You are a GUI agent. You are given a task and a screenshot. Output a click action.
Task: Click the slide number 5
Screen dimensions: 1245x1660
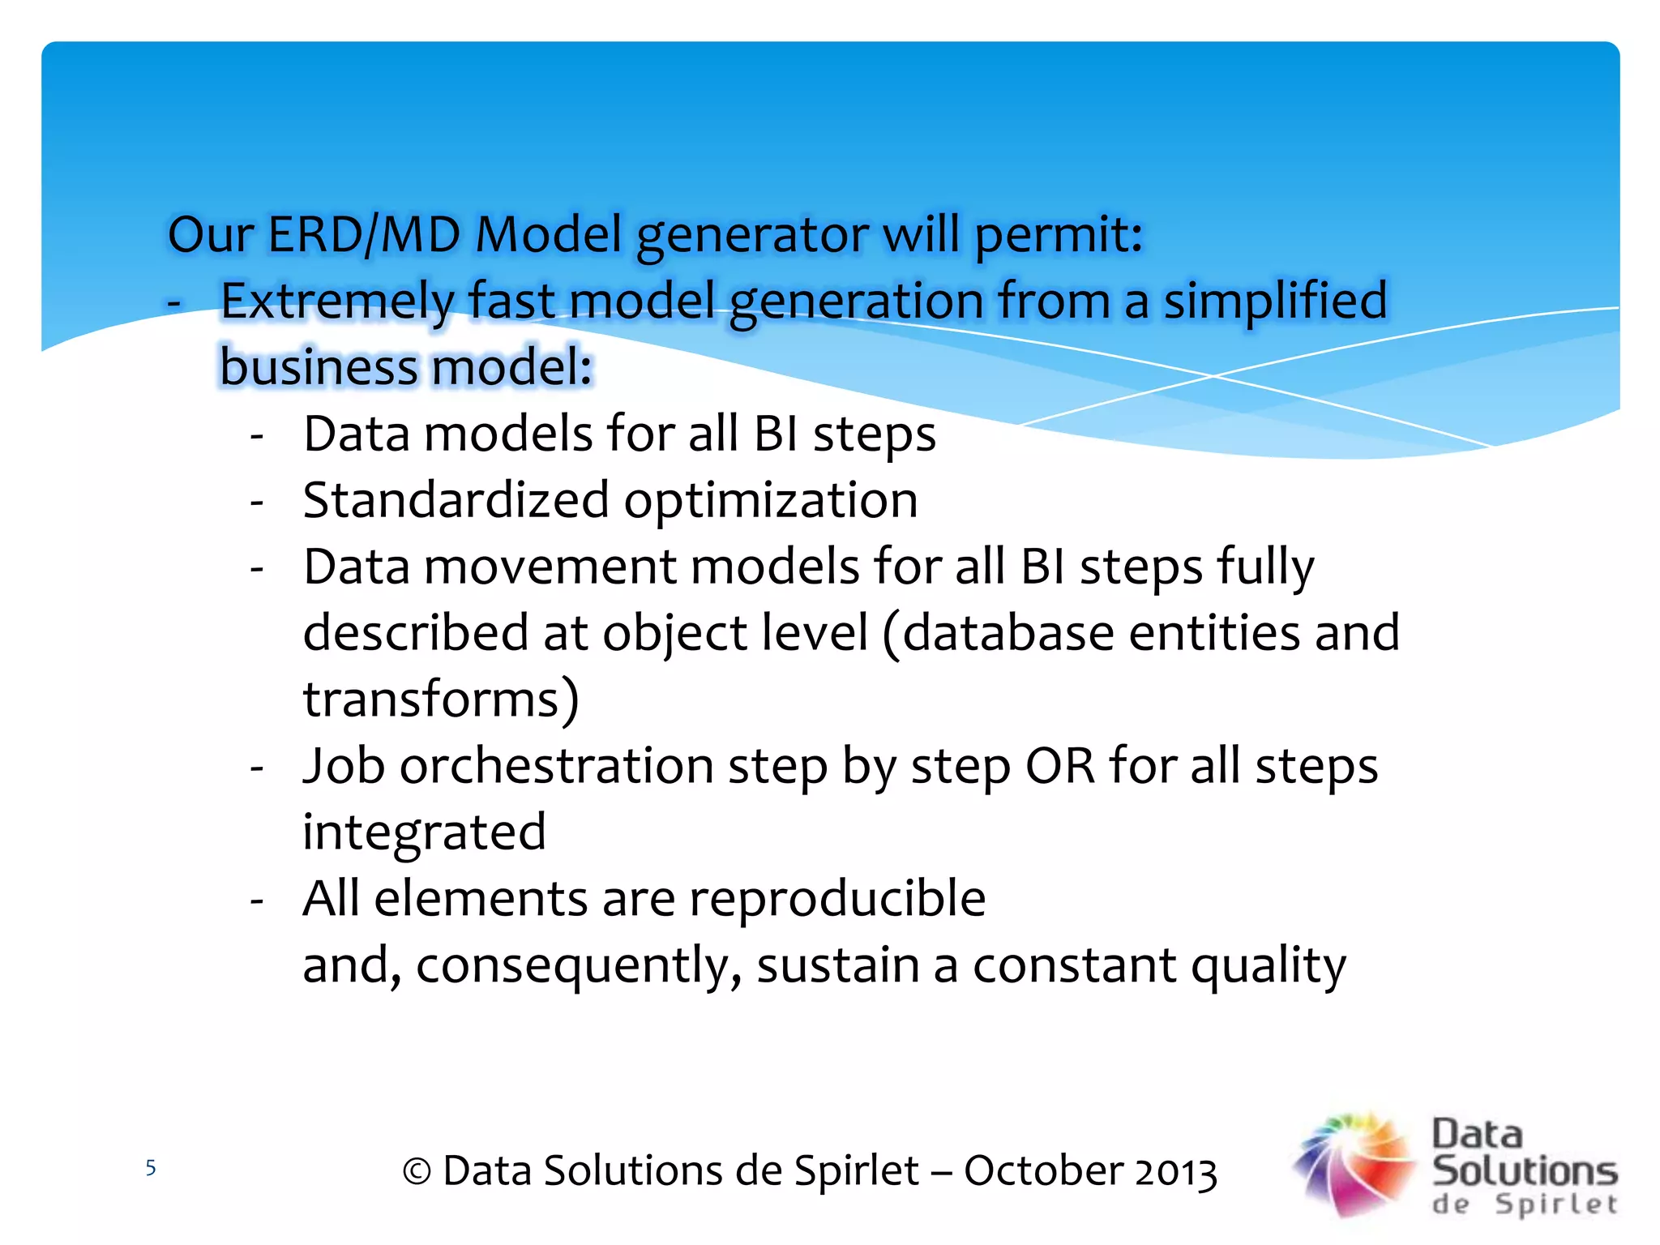point(150,1168)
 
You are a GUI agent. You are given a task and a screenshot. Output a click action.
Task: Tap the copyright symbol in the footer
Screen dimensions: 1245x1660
point(417,1172)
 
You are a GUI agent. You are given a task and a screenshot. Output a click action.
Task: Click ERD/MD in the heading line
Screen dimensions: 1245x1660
point(364,234)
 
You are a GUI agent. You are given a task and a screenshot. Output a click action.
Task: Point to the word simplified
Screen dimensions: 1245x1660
point(1276,302)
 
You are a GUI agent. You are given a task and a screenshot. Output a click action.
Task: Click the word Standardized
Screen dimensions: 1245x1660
point(456,500)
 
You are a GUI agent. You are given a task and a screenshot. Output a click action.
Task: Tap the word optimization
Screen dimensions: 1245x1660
point(771,502)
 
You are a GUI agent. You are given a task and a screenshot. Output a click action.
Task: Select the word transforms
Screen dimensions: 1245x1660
point(441,700)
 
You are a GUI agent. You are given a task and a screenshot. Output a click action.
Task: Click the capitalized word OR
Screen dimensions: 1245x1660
point(1059,766)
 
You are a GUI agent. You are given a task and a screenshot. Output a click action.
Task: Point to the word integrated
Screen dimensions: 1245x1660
point(424,833)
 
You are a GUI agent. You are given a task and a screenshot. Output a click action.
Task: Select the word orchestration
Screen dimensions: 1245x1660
point(556,766)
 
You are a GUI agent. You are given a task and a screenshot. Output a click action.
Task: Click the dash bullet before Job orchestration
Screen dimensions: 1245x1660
point(257,767)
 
